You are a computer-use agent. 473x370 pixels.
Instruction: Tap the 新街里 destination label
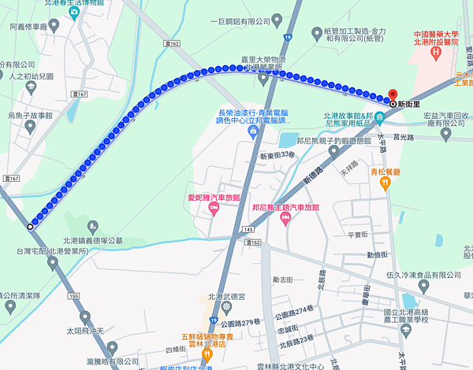[410, 103]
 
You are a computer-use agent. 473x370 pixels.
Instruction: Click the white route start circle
[31, 226]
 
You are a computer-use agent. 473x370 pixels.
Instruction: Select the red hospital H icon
[434, 53]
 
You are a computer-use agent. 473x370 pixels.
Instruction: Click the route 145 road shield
[249, 229]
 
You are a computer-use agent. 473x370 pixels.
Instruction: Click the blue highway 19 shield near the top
[289, 37]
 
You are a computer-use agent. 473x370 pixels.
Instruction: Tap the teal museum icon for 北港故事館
[379, 118]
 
